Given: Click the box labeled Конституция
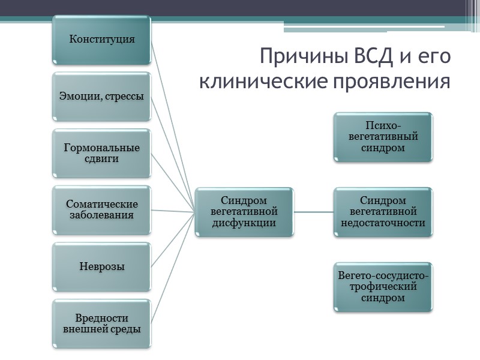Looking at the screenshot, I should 102,40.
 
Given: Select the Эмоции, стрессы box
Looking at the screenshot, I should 102,96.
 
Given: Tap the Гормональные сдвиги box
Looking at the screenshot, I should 102,153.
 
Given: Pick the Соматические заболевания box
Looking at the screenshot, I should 102,209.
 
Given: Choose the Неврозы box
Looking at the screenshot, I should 102,266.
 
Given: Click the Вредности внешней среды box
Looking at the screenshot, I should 102,323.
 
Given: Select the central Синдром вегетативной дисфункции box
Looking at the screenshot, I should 244,211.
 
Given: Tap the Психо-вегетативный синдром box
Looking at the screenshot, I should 383,137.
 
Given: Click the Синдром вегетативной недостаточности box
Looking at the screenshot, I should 383,211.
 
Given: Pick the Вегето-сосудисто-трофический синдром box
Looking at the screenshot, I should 383,287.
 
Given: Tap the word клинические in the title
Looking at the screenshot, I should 272,81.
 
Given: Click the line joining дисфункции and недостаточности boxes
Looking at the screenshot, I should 313,212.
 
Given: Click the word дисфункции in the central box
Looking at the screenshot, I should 244,223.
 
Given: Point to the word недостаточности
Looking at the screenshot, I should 383,223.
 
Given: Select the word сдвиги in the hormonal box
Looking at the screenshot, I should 102,159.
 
